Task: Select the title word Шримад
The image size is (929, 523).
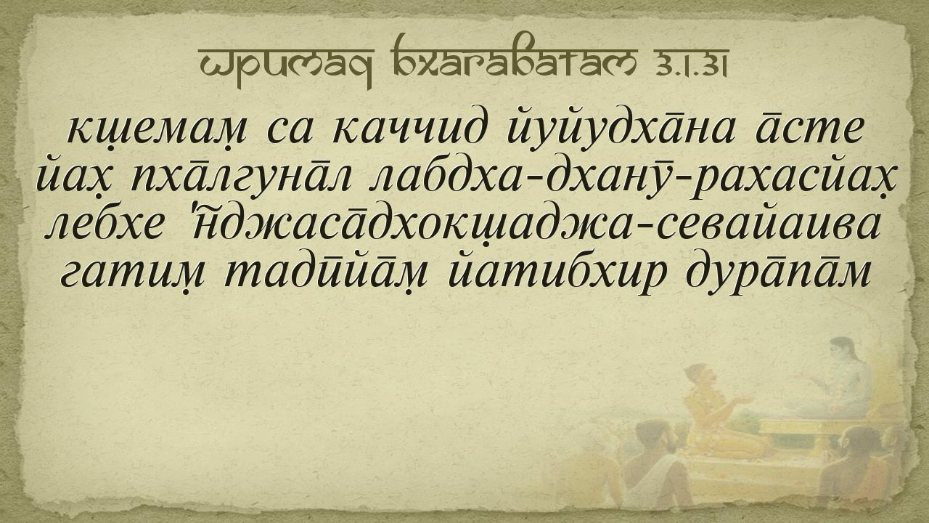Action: pyautogui.click(x=287, y=68)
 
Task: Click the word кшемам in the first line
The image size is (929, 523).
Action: pyautogui.click(x=156, y=130)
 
